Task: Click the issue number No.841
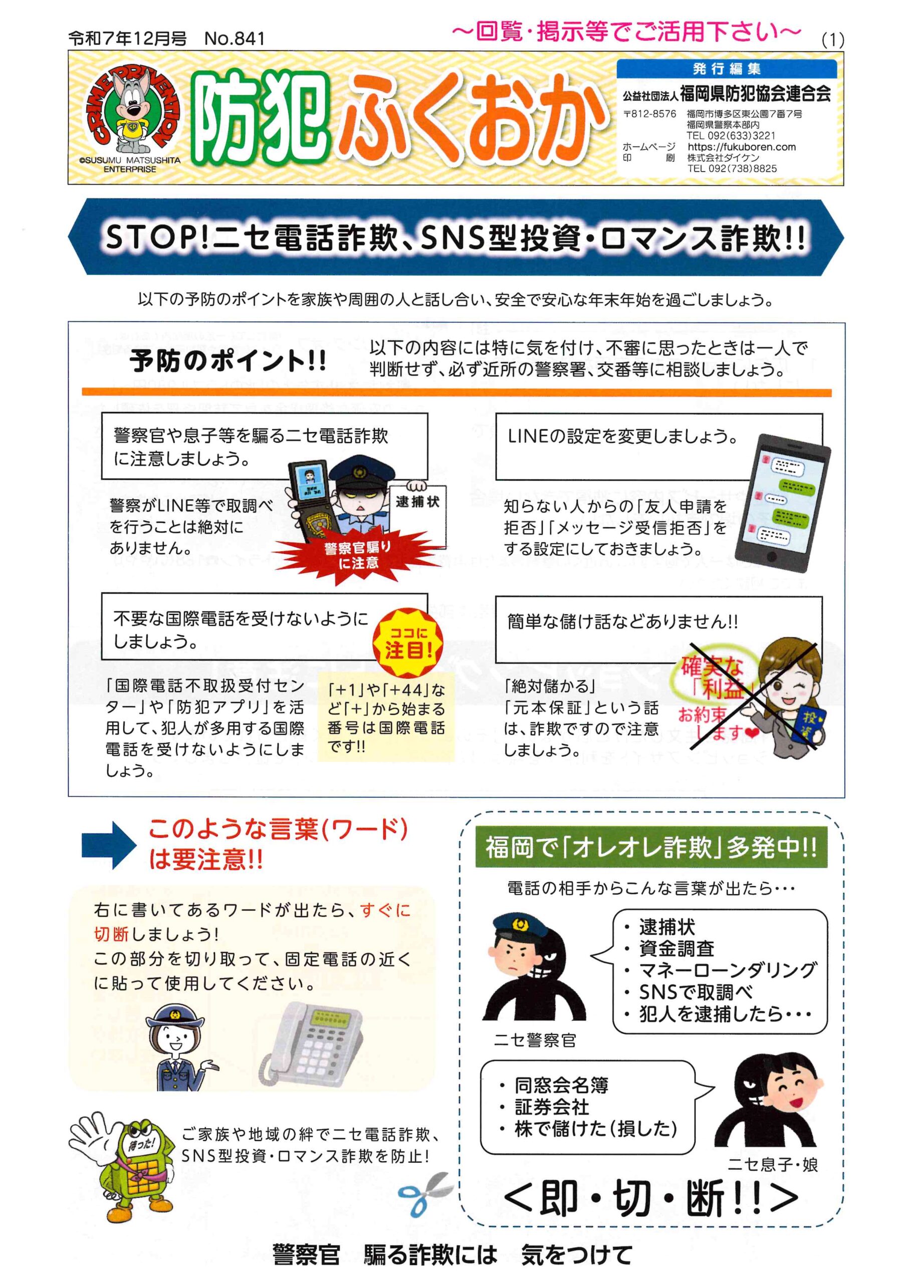(234, 38)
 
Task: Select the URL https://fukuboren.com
(742, 147)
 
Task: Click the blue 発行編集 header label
(727, 69)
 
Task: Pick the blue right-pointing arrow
(108, 845)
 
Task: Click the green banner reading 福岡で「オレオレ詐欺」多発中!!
(650, 847)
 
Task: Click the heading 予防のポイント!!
(228, 361)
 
